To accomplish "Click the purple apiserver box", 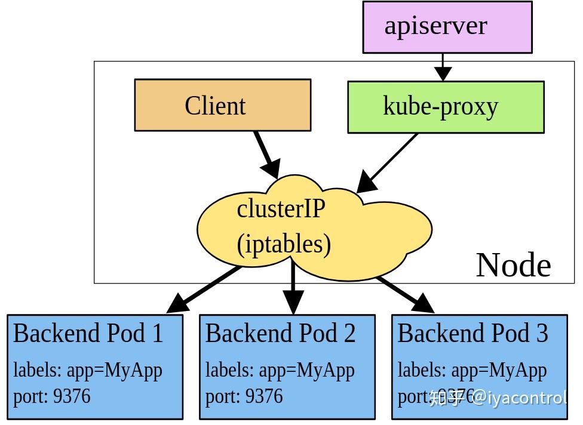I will [x=447, y=27].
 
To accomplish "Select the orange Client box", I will [x=222, y=105].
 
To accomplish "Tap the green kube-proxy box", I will [x=446, y=107].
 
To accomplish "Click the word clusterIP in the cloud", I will [x=281, y=209].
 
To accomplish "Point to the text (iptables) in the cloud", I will [x=284, y=244].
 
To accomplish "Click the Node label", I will [x=513, y=265].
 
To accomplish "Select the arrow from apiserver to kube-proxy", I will [x=443, y=67].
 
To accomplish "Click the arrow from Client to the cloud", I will [x=266, y=154].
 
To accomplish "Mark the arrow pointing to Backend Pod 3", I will [x=406, y=292].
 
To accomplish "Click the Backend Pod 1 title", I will [x=88, y=333].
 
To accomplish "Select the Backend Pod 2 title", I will [x=280, y=333].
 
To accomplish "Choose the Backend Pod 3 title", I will [x=472, y=333].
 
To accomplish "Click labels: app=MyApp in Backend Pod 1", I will [x=88, y=370].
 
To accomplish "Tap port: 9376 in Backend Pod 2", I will [x=244, y=396].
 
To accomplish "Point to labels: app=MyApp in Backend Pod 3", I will [x=472, y=370].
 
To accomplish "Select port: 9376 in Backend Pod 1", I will [x=52, y=396].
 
